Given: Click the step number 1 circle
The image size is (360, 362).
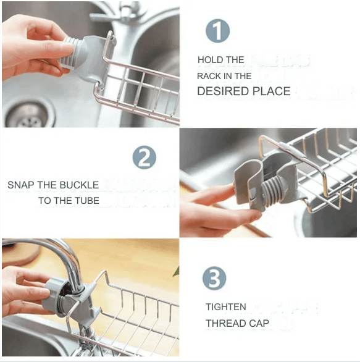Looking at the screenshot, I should (217, 32).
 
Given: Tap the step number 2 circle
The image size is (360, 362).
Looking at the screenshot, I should (144, 158).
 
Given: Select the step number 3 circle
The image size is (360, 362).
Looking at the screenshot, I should (214, 279).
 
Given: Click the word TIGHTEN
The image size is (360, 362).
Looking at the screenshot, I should (226, 307).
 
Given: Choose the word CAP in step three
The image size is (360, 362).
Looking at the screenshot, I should (260, 323).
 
